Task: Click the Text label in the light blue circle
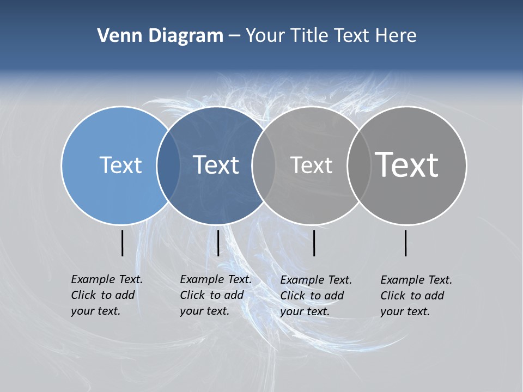click(x=120, y=165)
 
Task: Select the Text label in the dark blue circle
click(x=216, y=165)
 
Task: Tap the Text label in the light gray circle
click(x=311, y=165)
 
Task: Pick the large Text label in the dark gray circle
click(x=406, y=164)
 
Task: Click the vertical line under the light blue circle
click(x=123, y=243)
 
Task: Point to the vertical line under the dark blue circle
click(x=218, y=243)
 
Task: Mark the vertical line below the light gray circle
click(x=314, y=243)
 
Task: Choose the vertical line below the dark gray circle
click(x=406, y=243)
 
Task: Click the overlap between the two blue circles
click(x=168, y=165)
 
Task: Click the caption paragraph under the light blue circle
click(x=107, y=295)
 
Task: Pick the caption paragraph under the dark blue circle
click(x=216, y=295)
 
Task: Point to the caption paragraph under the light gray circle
click(x=316, y=296)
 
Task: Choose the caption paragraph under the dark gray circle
click(x=416, y=296)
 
